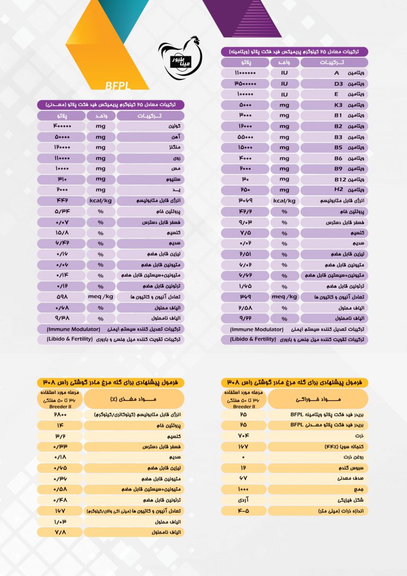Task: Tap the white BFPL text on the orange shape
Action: [118, 86]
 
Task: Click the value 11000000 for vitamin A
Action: [245, 73]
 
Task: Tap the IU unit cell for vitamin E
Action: [284, 94]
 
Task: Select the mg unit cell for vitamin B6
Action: [284, 158]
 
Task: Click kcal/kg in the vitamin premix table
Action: [284, 200]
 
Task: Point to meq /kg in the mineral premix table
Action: [101, 296]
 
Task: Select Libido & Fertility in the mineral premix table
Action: [69, 338]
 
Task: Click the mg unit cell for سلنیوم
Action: [100, 179]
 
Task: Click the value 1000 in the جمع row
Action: [243, 489]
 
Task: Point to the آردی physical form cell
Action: [243, 500]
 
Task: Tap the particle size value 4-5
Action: [243, 511]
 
